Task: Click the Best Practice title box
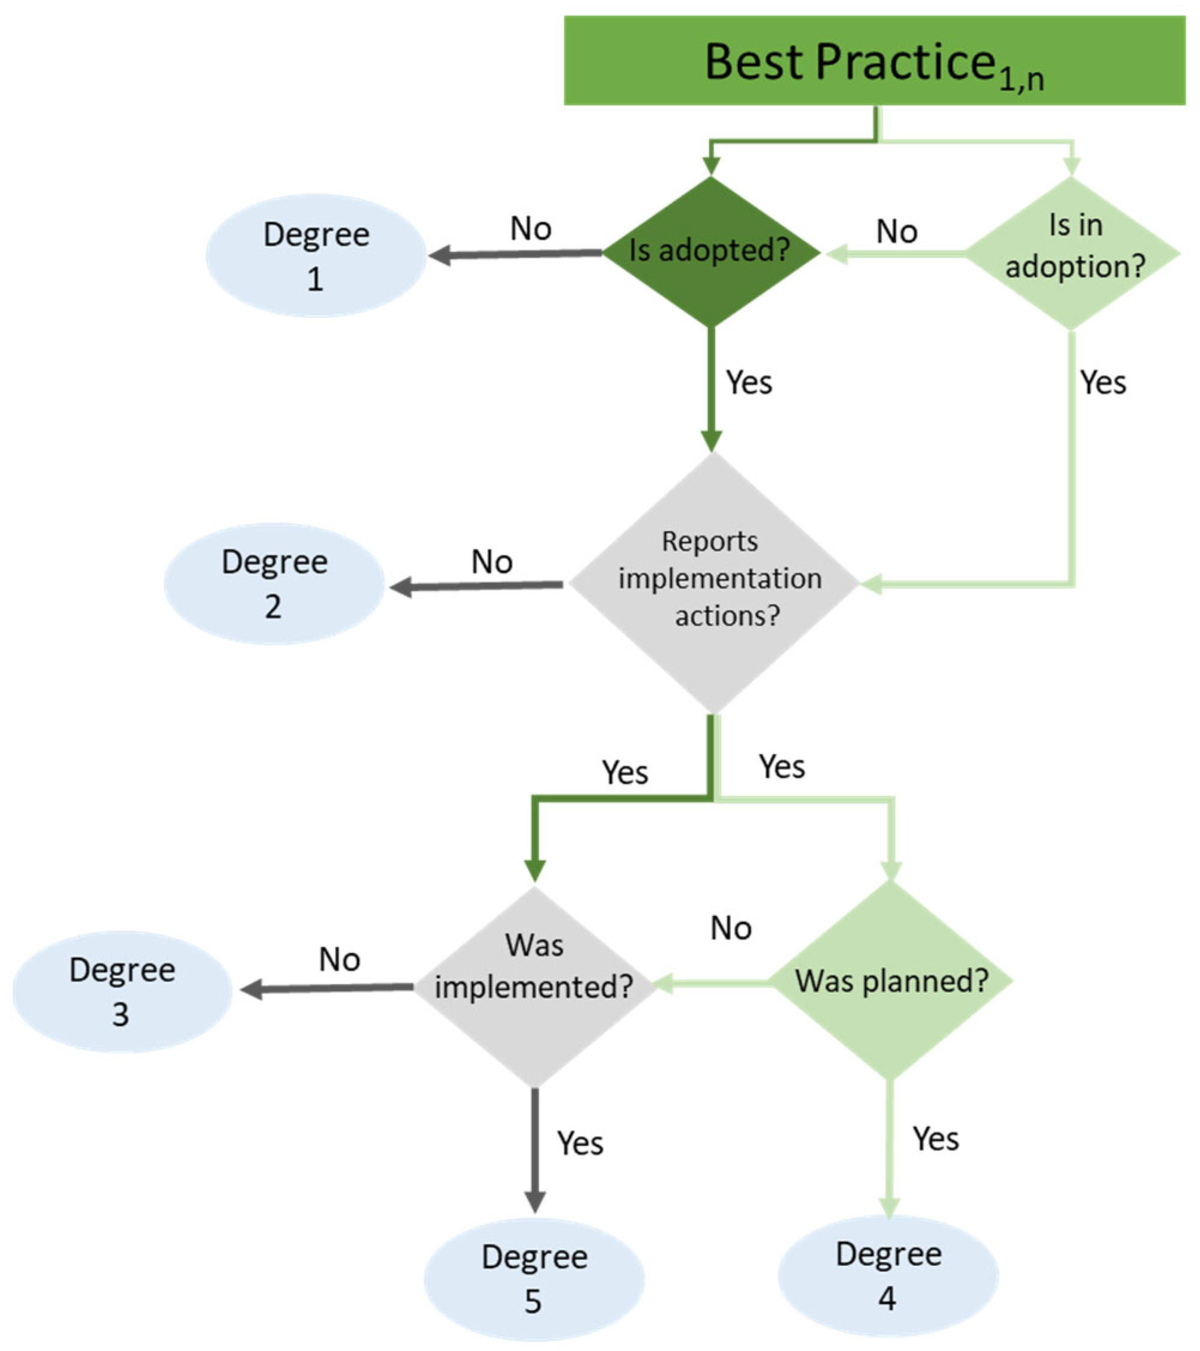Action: (x=873, y=61)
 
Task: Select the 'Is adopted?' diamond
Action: (x=711, y=251)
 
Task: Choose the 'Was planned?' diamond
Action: (x=891, y=980)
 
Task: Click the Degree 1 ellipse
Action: (x=316, y=255)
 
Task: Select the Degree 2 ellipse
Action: (x=274, y=584)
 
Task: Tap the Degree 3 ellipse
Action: (x=122, y=992)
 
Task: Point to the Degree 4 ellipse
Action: (x=887, y=1275)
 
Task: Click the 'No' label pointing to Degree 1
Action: (x=531, y=229)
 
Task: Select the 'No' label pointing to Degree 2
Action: (x=492, y=562)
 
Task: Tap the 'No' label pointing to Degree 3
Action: (x=339, y=959)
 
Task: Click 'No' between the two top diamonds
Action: (x=897, y=231)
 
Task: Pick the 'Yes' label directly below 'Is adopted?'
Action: (x=749, y=382)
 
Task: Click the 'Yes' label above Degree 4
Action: (x=936, y=1138)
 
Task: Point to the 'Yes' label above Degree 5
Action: (x=579, y=1143)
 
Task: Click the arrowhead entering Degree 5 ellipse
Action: (x=534, y=1201)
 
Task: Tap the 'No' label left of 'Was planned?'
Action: (x=731, y=928)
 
